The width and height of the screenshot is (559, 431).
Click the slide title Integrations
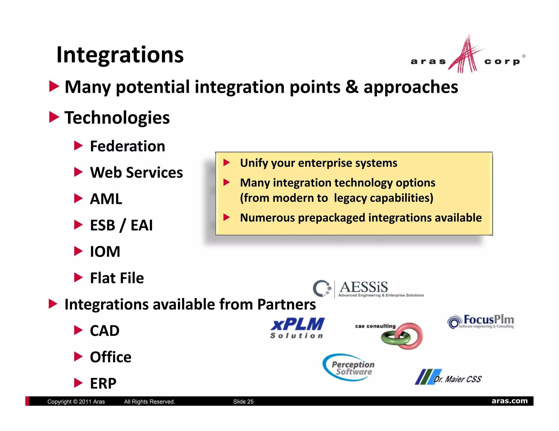(x=120, y=55)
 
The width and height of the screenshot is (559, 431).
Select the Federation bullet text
(x=127, y=146)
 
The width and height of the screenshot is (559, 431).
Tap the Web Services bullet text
(x=136, y=172)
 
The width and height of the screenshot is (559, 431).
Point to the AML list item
(x=106, y=199)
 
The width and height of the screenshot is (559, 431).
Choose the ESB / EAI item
(x=121, y=225)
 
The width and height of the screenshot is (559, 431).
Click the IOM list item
(x=105, y=251)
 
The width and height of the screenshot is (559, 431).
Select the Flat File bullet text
(x=117, y=278)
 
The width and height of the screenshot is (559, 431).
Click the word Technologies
(x=117, y=118)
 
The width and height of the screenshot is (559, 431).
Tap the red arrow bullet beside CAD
(x=78, y=330)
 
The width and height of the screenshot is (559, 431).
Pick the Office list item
(x=111, y=357)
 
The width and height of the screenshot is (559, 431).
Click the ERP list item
(x=103, y=383)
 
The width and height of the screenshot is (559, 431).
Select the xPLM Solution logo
(x=297, y=328)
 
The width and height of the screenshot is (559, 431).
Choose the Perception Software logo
(x=349, y=367)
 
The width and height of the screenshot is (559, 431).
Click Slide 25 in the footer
(x=243, y=402)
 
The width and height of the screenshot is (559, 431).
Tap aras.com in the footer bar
(x=509, y=401)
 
